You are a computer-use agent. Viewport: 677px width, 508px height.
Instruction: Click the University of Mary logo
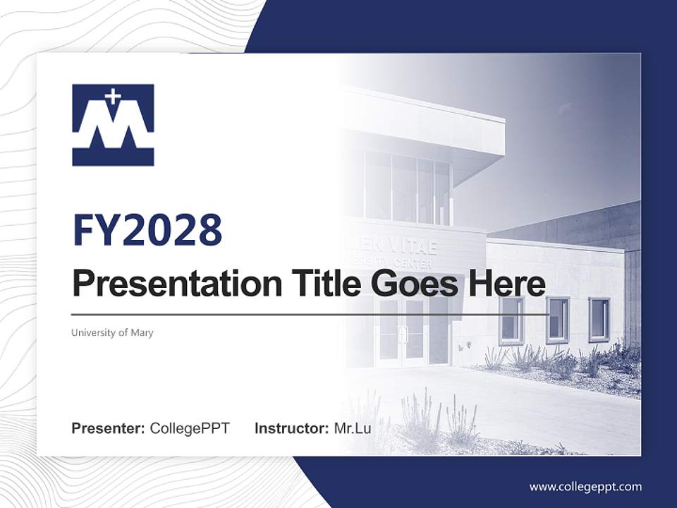[113, 125]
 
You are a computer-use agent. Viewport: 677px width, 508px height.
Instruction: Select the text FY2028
[147, 229]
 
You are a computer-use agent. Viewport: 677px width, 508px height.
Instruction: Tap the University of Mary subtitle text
[112, 332]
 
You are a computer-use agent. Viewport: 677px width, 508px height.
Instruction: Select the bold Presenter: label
[109, 428]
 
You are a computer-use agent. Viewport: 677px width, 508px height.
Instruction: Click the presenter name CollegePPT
[190, 428]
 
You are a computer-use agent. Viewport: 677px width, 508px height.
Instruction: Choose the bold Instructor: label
[291, 428]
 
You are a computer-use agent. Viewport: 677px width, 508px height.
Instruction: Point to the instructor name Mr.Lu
[353, 428]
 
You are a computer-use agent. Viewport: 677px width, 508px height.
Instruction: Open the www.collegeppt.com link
[585, 486]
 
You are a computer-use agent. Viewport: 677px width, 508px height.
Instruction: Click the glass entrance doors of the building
[402, 332]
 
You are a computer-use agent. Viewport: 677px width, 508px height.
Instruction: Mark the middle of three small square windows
[557, 320]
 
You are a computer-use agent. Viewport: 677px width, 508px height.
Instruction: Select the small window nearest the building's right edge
[599, 320]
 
